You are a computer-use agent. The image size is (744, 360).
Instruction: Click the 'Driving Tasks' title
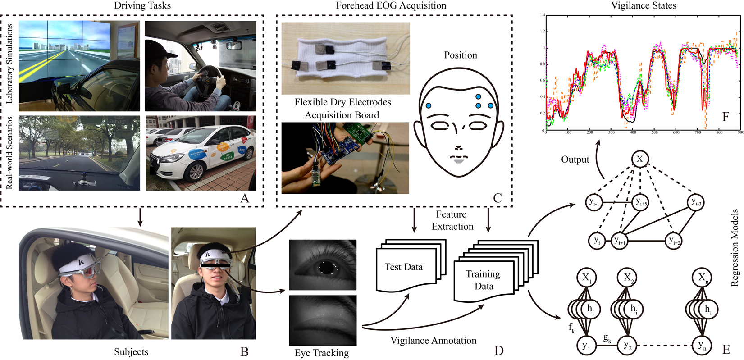[142, 6]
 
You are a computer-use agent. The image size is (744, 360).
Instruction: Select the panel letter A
[245, 198]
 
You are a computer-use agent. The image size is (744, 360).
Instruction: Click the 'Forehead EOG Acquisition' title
[391, 6]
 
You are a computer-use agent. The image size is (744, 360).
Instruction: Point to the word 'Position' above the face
[460, 55]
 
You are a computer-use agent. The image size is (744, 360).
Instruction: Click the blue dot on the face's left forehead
[429, 105]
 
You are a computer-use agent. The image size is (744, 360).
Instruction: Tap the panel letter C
[498, 198]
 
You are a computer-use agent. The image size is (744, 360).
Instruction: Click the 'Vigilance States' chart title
[643, 6]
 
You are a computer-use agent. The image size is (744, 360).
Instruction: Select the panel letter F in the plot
[725, 117]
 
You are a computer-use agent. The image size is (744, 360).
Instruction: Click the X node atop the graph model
[639, 159]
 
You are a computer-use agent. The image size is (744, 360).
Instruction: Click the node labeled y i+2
[674, 241]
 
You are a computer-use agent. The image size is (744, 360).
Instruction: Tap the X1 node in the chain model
[586, 278]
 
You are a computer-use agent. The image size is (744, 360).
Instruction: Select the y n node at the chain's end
[702, 346]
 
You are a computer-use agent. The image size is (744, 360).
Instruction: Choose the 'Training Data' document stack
[483, 280]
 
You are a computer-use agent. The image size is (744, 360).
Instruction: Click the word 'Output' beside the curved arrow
[575, 159]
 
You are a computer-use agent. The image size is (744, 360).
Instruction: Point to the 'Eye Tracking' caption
[321, 353]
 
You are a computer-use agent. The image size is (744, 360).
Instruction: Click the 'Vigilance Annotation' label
[433, 341]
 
